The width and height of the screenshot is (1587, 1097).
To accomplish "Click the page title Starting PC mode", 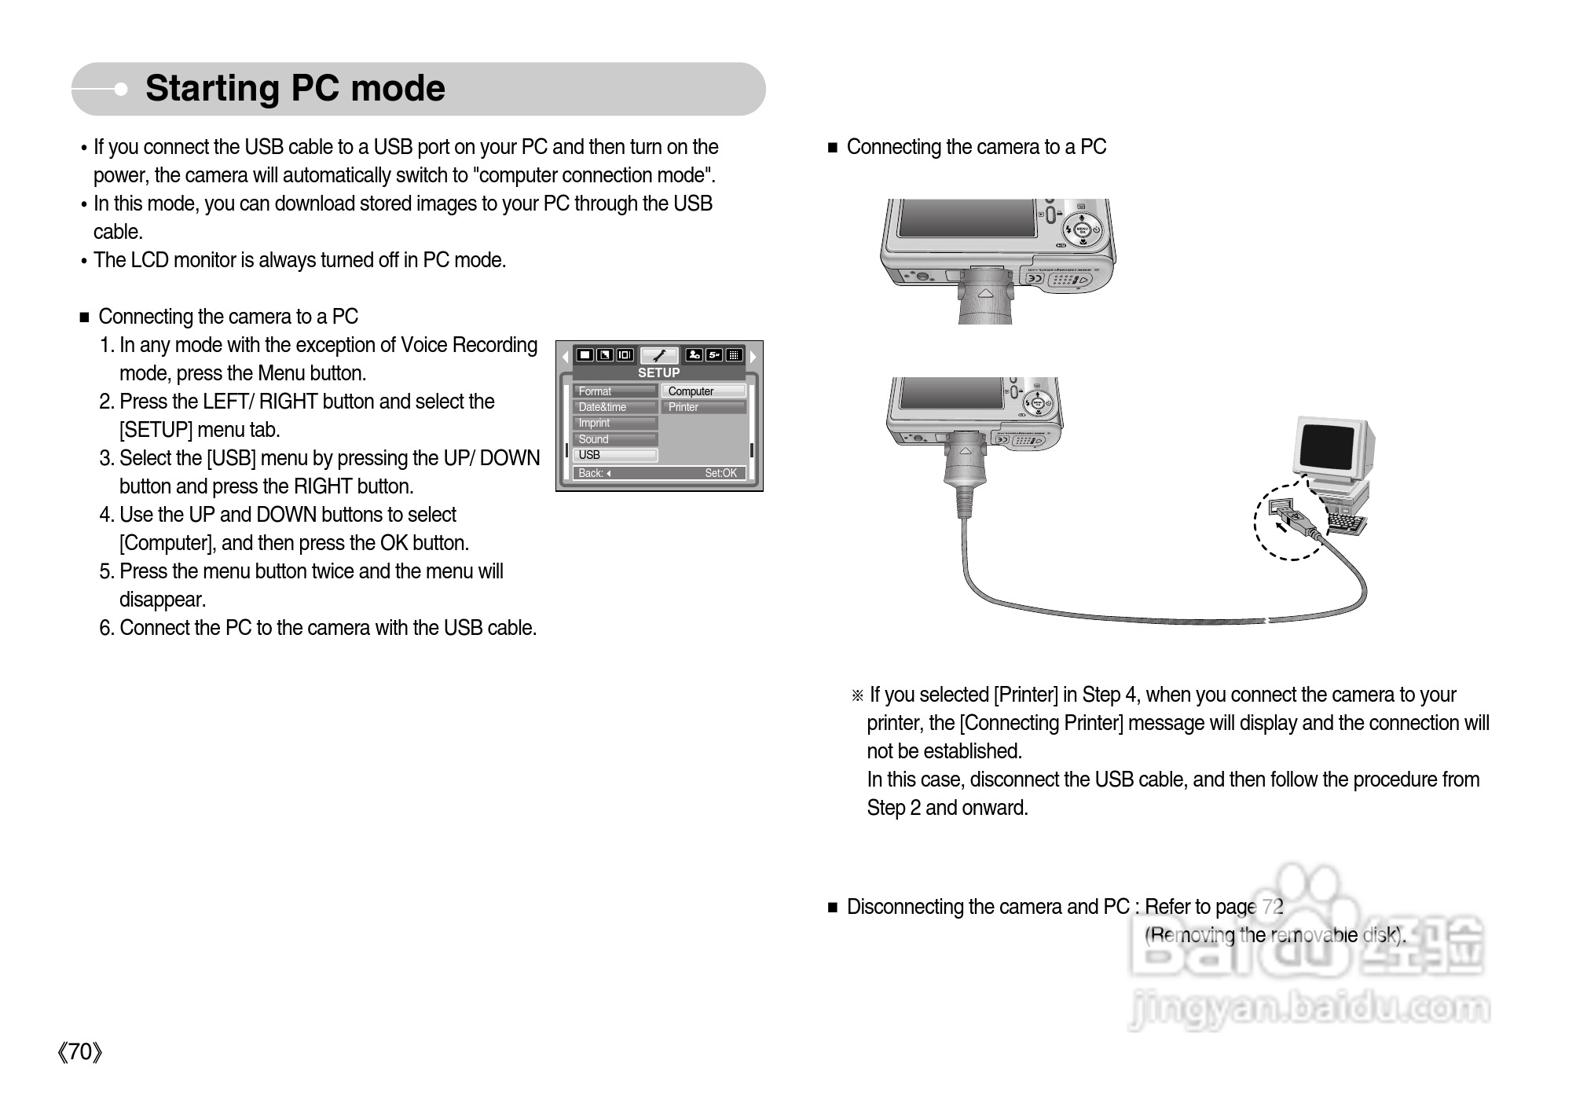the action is point(295,88).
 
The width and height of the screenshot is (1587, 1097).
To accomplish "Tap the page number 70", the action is point(80,1051).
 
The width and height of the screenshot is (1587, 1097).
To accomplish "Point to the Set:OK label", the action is point(720,473).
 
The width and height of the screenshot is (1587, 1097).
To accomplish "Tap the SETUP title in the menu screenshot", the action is point(658,372).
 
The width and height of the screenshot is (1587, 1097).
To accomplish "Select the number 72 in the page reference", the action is point(1273,907).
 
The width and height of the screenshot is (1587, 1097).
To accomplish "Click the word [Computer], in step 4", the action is point(169,543).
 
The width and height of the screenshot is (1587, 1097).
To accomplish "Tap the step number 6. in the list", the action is point(108,628).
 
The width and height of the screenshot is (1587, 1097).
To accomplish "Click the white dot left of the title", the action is point(121,90).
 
